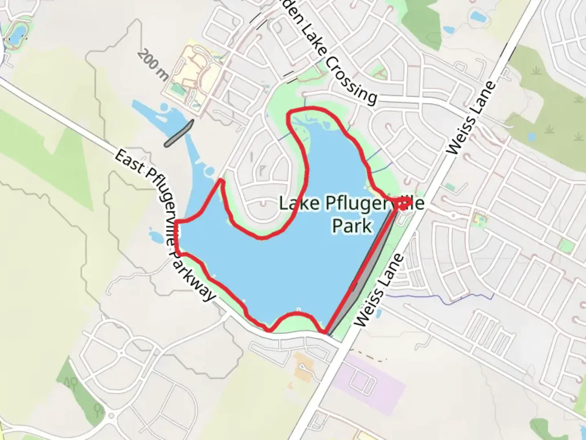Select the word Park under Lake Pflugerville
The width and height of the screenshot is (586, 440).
352,225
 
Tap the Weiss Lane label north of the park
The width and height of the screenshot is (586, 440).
472,118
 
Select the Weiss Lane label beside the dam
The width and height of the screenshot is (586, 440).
380,290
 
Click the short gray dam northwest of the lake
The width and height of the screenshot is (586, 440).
179,133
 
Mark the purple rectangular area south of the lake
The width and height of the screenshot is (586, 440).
374,379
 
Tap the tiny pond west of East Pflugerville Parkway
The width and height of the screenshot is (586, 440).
155,236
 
